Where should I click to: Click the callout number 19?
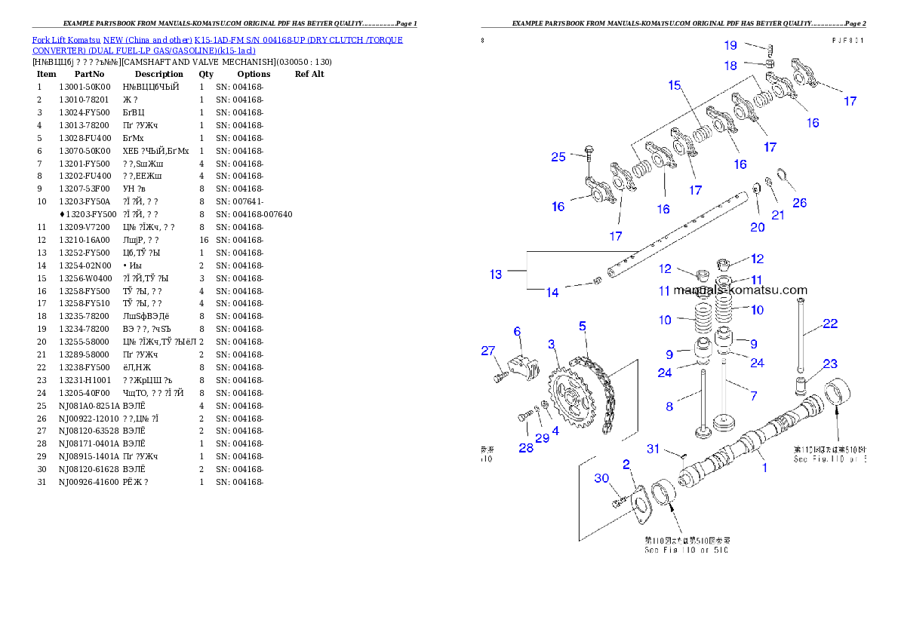[730, 46]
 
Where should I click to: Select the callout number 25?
[558, 157]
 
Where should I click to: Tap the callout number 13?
[496, 275]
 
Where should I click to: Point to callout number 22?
[830, 324]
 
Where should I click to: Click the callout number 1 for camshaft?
[764, 468]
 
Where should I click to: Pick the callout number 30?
[601, 478]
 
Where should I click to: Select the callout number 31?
[654, 449]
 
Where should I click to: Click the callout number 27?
[488, 350]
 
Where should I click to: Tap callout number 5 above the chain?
[583, 326]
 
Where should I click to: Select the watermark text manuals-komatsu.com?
[740, 290]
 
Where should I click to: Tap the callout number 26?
[800, 202]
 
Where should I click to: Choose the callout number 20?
[758, 227]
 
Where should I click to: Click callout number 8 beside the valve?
[669, 406]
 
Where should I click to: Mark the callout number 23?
[830, 364]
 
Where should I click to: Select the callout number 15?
[675, 85]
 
